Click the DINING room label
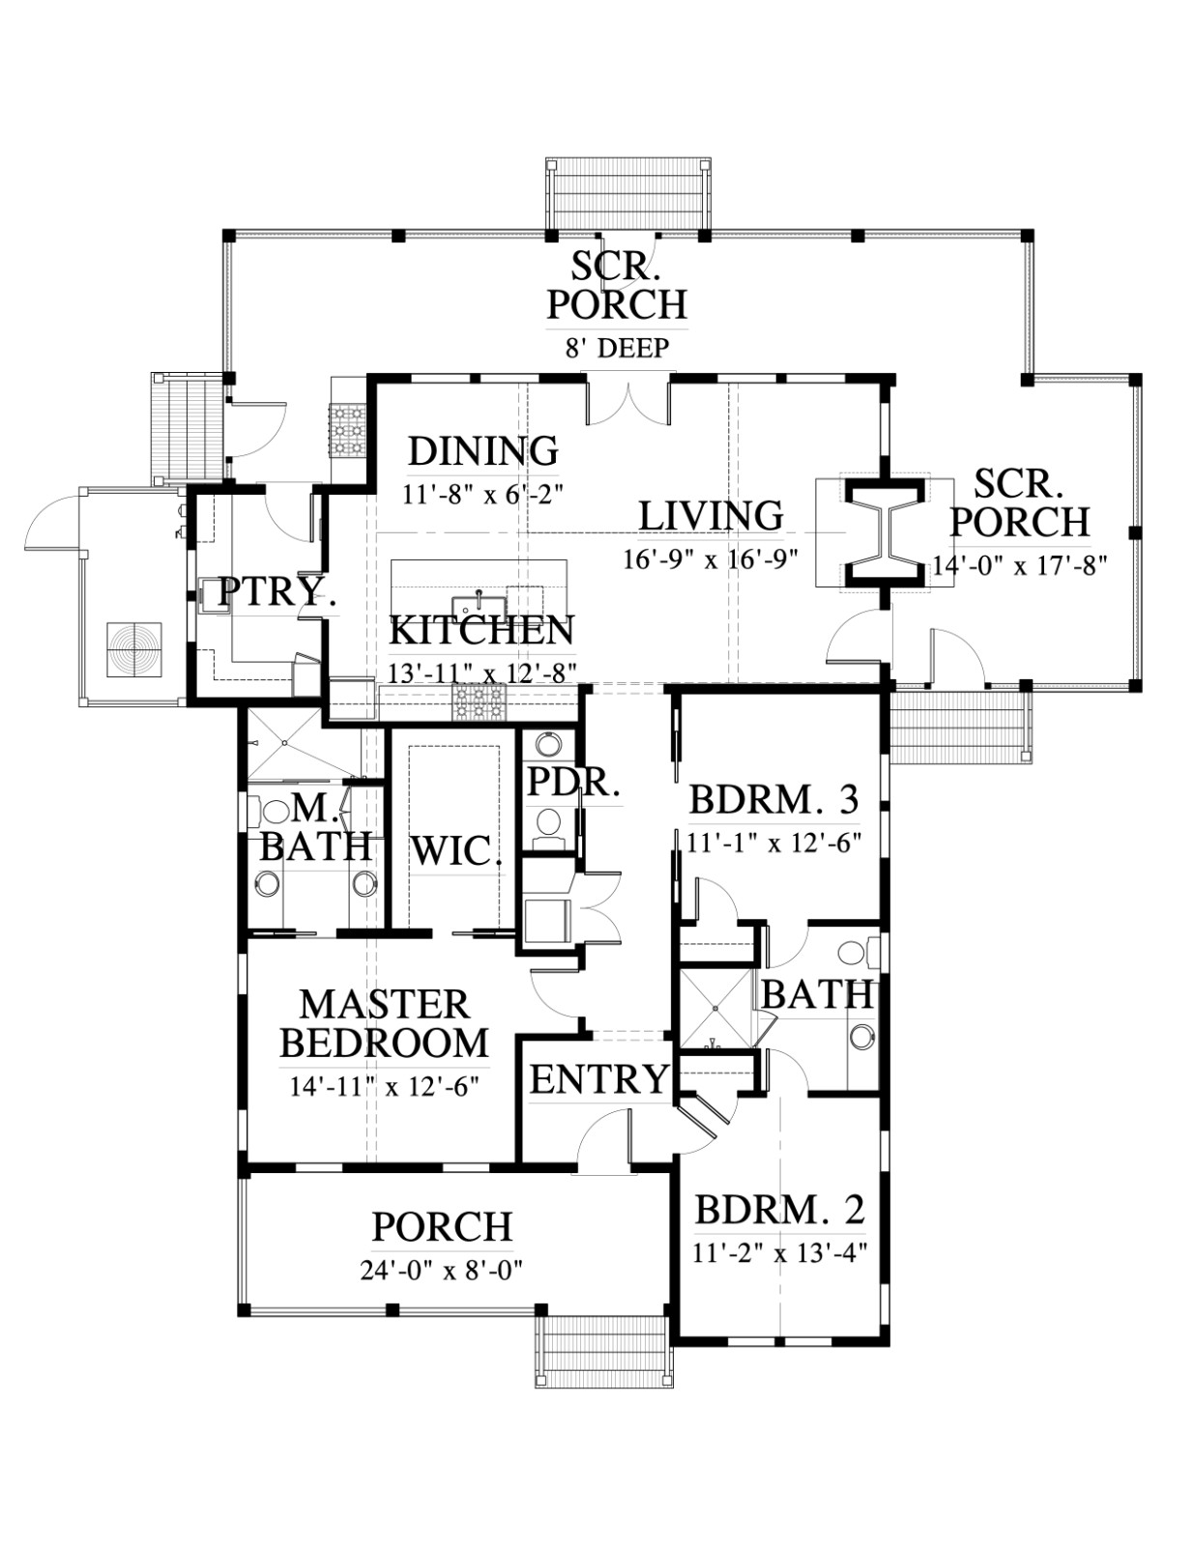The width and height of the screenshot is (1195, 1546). coord(482,451)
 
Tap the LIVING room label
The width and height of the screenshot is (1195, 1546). coord(711,516)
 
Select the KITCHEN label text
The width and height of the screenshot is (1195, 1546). coord(481,630)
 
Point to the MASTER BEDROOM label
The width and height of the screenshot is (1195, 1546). coord(384,1024)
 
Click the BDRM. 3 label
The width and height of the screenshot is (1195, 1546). coord(773,800)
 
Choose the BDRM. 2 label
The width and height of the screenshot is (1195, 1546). coord(779,1210)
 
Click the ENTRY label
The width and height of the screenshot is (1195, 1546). coord(599,1079)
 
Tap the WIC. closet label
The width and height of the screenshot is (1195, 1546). coord(456,851)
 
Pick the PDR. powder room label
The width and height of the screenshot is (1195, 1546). coord(572,783)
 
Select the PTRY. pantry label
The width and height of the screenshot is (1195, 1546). coord(277,591)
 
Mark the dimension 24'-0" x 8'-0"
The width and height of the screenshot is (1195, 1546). coord(442,1270)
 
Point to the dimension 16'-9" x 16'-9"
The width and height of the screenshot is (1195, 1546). coord(710,559)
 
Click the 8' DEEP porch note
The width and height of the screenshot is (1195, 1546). coord(617,348)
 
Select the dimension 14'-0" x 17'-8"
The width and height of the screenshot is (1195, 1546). coord(1019,565)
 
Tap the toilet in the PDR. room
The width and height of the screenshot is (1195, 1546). coord(548,823)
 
